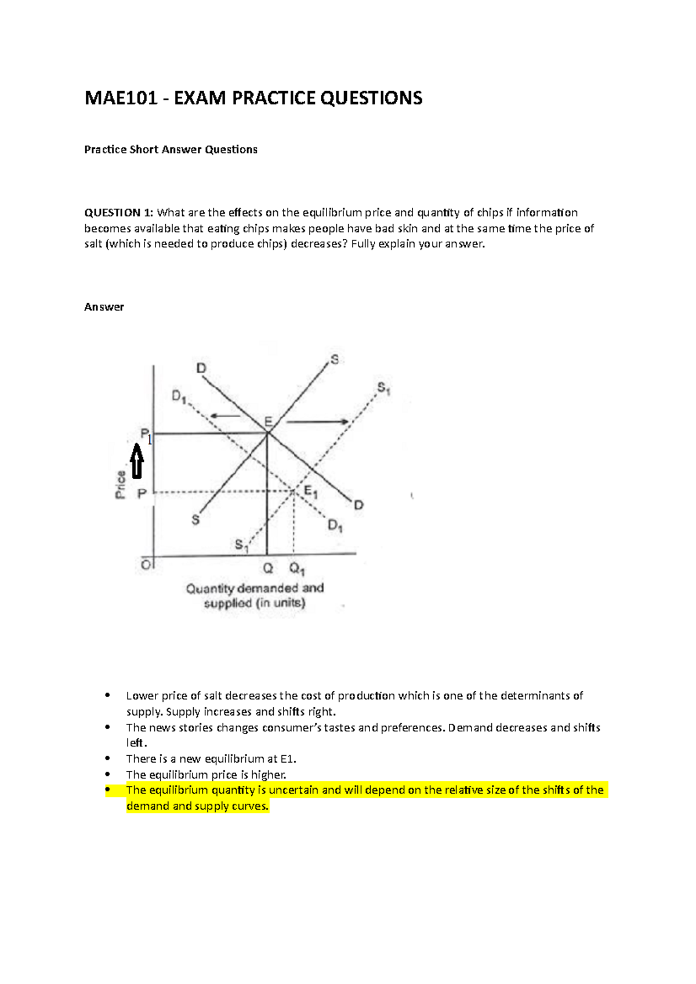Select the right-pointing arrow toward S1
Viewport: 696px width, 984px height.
[x=317, y=422]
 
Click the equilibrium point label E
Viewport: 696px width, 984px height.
[x=269, y=421]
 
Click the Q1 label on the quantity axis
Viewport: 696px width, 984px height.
[x=297, y=569]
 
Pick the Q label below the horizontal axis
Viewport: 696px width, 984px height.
[x=268, y=568]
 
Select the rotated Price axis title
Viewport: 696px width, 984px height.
[x=121, y=485]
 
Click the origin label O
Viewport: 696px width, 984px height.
[x=146, y=564]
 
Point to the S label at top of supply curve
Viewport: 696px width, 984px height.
[x=334, y=360]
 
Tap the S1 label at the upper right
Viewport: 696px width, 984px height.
[x=383, y=388]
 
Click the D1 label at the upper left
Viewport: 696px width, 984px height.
[x=179, y=396]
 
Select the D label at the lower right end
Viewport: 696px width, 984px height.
[x=358, y=505]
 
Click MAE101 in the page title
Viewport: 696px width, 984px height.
[x=121, y=98]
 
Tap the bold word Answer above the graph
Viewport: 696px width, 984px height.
[x=104, y=307]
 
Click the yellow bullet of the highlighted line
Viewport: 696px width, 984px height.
[x=107, y=789]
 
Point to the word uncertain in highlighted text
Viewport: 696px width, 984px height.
[x=293, y=790]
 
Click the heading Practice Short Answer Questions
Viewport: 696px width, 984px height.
[x=171, y=150]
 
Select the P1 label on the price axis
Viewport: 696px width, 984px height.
[x=146, y=435]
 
